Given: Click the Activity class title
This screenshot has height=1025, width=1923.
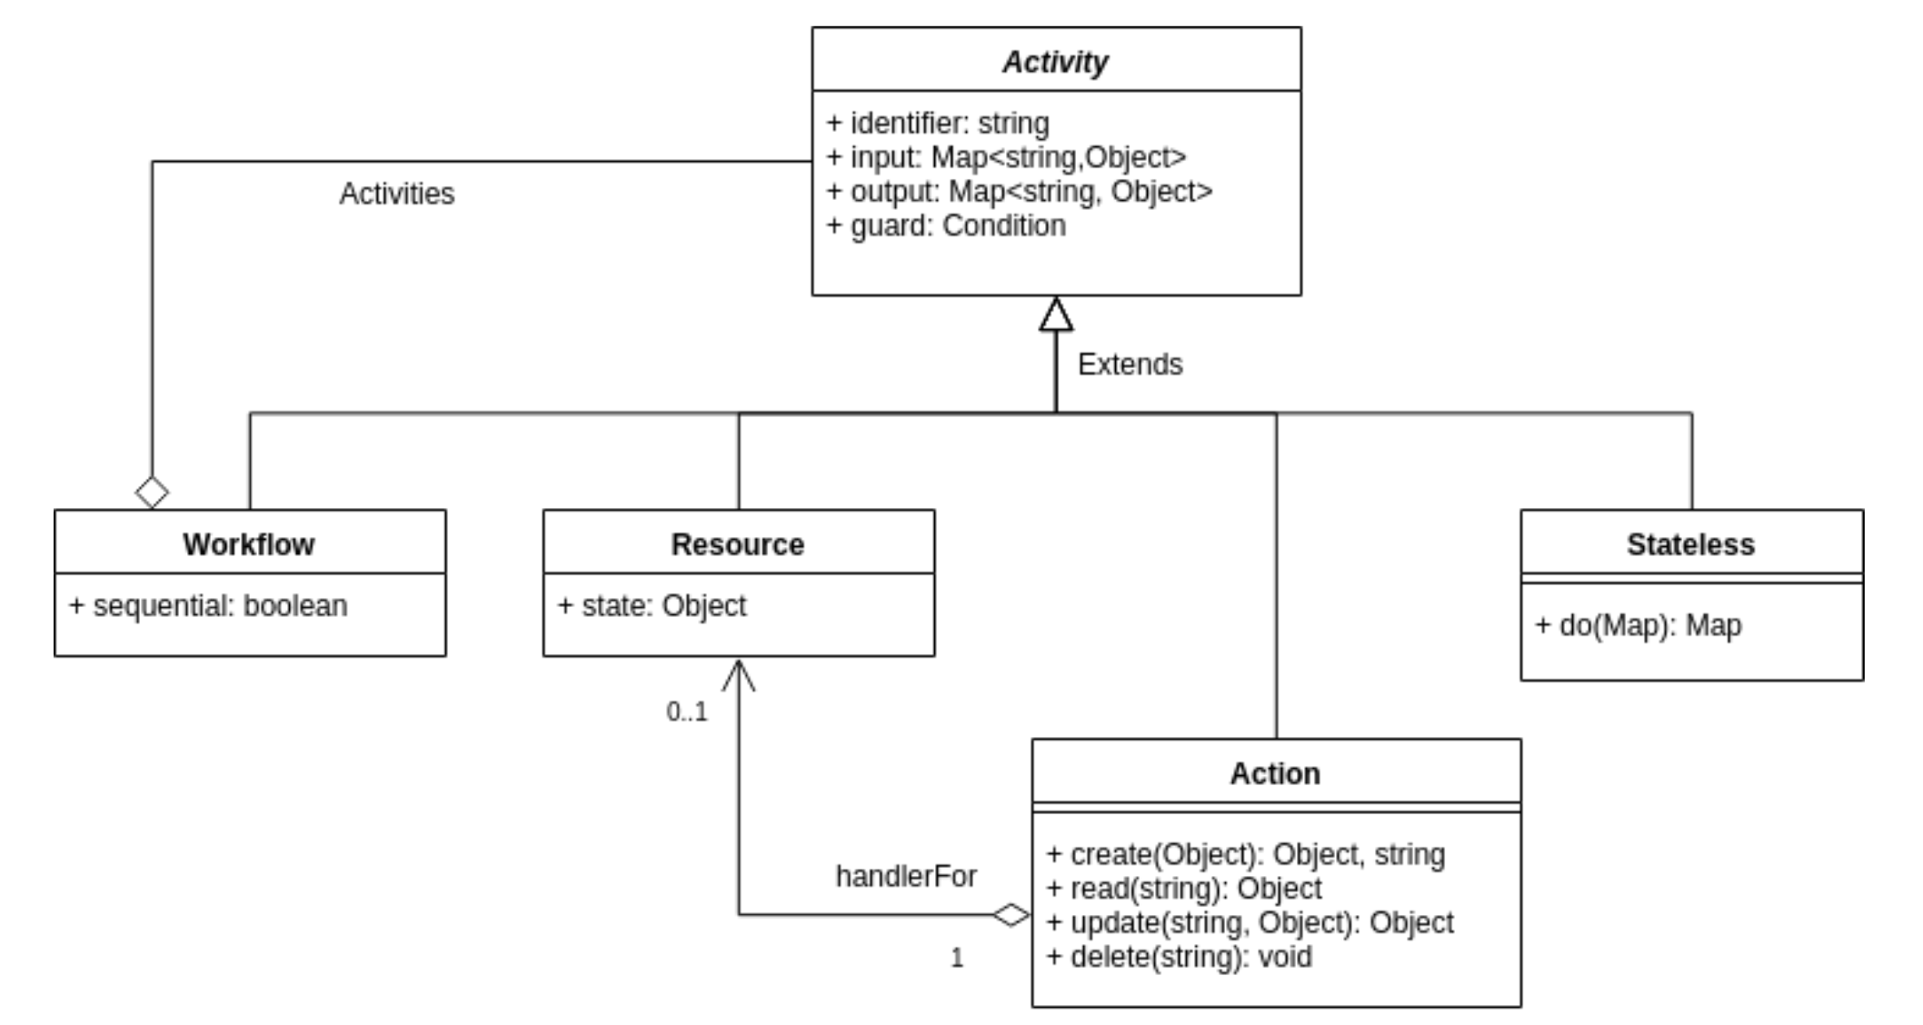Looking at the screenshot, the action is tap(1055, 62).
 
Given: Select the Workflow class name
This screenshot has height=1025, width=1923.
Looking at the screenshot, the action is tap(249, 544).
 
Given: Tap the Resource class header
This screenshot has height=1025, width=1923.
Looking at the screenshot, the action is tap(738, 544).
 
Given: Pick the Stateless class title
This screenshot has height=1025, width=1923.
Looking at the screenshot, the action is tap(1690, 544).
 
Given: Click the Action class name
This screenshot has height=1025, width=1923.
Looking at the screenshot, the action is tap(1275, 773).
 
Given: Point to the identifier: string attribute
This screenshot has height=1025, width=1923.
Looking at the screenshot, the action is tap(938, 123).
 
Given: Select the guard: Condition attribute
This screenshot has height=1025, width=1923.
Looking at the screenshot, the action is tap(946, 225).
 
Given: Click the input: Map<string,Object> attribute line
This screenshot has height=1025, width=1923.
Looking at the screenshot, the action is tap(1006, 157).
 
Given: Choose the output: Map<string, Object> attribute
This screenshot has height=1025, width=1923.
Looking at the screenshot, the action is tap(1020, 192).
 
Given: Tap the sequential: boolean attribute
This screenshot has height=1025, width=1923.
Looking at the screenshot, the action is tap(208, 605).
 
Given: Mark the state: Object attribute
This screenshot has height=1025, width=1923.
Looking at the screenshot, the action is tap(652, 605).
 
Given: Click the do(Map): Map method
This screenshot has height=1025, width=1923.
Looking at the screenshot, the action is tap(1639, 626).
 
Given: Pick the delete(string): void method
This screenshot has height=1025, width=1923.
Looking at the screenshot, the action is tap(1179, 957).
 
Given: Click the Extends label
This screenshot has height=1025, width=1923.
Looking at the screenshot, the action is tap(1131, 364).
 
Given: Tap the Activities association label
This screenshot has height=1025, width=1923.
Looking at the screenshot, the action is tap(397, 194).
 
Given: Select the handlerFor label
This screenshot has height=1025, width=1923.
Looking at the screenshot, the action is tap(906, 876).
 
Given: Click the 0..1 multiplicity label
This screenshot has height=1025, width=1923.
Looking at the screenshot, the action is tap(686, 712).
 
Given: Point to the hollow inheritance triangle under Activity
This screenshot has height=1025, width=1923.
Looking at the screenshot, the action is tap(1055, 314).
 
